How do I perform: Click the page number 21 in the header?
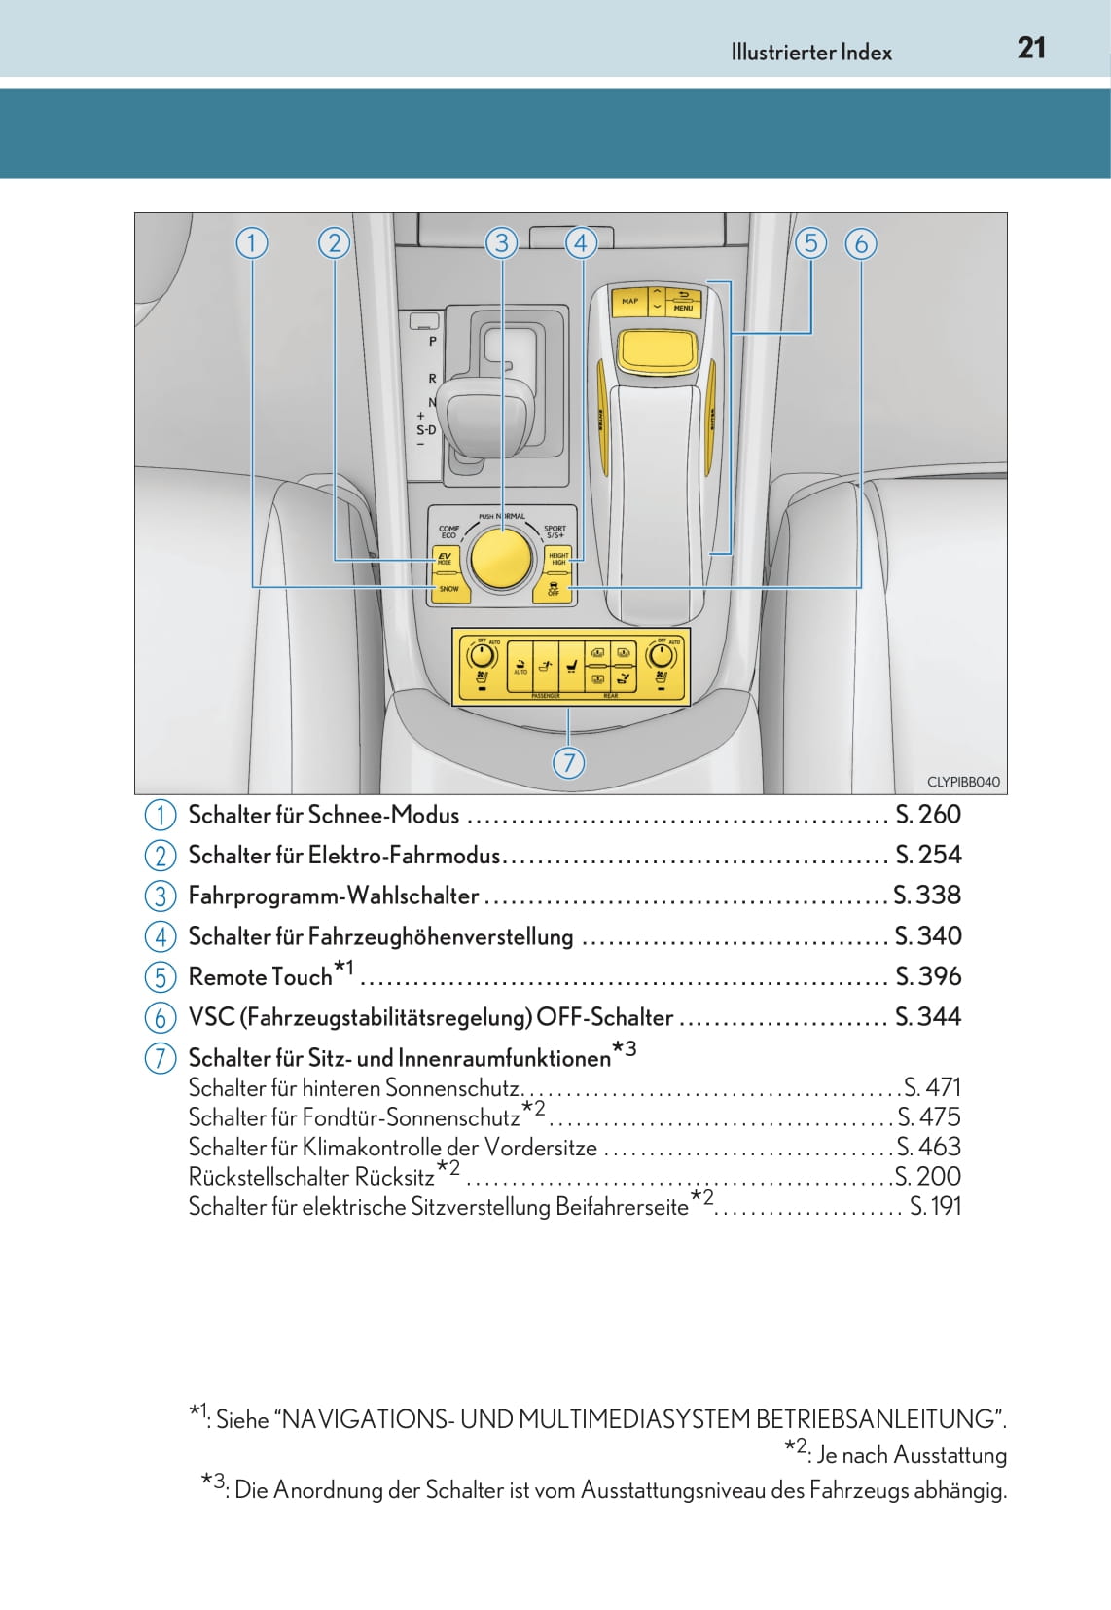pyautogui.click(x=1031, y=48)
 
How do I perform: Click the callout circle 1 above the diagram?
pyautogui.click(x=252, y=242)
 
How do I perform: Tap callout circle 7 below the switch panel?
pyautogui.click(x=569, y=762)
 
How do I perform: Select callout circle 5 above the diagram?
pyautogui.click(x=810, y=242)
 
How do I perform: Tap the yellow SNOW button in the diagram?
pyautogui.click(x=448, y=589)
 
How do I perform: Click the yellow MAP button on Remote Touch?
pyautogui.click(x=630, y=301)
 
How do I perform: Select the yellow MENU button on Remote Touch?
pyautogui.click(x=683, y=308)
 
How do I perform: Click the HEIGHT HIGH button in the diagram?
pyautogui.click(x=558, y=559)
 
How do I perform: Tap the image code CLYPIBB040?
pyautogui.click(x=963, y=782)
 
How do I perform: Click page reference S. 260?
pyautogui.click(x=927, y=814)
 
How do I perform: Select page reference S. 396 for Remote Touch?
pyautogui.click(x=927, y=975)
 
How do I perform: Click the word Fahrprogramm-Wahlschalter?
pyautogui.click(x=333, y=896)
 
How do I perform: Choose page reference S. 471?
pyautogui.click(x=932, y=1087)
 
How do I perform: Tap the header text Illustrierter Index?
pyautogui.click(x=811, y=53)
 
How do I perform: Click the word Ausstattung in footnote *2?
pyautogui.click(x=950, y=1455)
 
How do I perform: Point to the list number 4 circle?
pyautogui.click(x=161, y=936)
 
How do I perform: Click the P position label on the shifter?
pyautogui.click(x=433, y=342)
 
